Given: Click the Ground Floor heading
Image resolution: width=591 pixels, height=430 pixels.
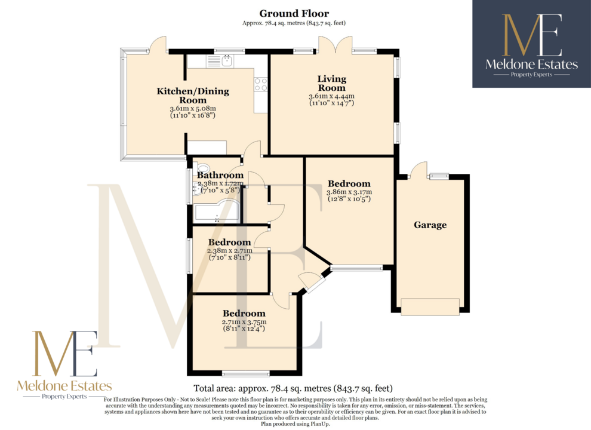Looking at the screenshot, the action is pos(294,14).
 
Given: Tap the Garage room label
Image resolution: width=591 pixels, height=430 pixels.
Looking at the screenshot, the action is pos(430,225).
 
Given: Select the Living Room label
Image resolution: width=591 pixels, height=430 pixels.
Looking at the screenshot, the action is pos(332,84).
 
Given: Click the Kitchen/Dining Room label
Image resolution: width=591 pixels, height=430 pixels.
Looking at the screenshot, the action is pos(193,96).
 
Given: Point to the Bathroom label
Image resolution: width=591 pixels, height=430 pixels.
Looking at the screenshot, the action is pos(220,175).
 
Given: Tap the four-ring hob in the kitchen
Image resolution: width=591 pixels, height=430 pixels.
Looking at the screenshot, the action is pos(260,84).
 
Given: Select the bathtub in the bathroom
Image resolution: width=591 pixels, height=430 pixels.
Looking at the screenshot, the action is pos(216,211).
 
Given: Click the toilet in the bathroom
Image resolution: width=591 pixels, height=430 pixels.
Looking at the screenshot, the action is pos(202,168).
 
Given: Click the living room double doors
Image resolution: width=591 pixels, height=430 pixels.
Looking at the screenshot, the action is pos(335,45).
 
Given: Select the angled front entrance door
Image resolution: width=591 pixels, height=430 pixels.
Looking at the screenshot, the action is pos(312,282).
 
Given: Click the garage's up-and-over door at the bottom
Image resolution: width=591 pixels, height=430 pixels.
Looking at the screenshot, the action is pos(430,306).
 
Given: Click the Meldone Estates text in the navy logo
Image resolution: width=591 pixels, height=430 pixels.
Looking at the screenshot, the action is pos(531,64).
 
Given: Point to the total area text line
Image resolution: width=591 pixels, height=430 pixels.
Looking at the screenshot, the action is pos(293,388).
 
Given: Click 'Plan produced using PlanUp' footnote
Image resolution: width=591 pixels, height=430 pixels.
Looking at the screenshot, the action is pos(295,424).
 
